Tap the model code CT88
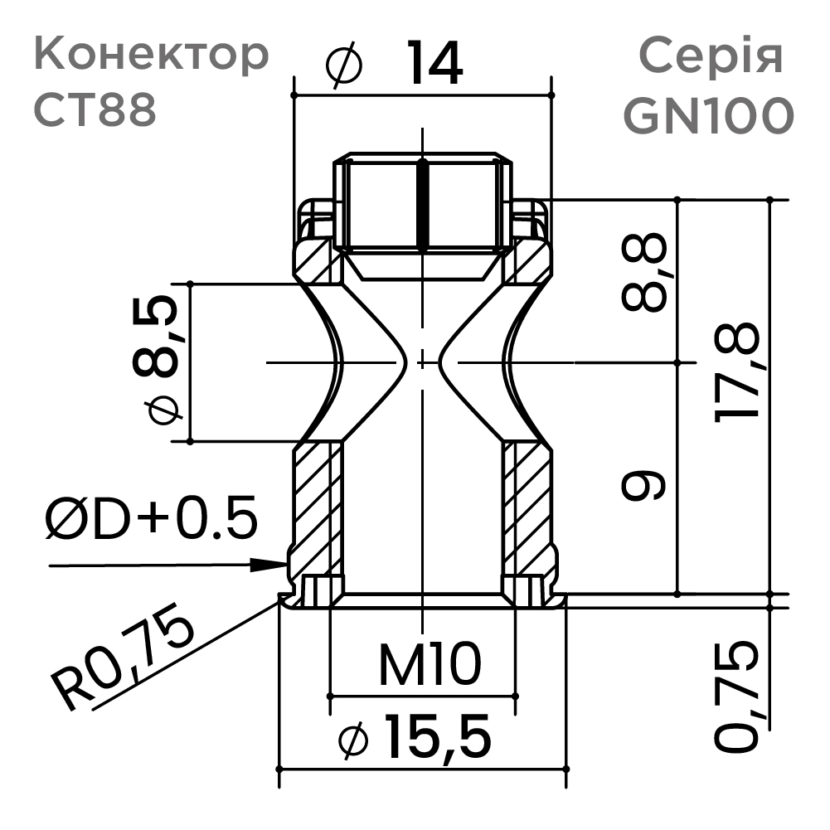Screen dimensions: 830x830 coord(95,110)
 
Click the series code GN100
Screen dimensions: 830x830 coord(708,115)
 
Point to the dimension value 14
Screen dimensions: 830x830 coord(434,66)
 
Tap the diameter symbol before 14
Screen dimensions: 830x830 coord(345,67)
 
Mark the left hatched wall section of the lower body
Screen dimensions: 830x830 coord(313,506)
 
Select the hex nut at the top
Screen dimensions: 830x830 coord(423,203)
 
